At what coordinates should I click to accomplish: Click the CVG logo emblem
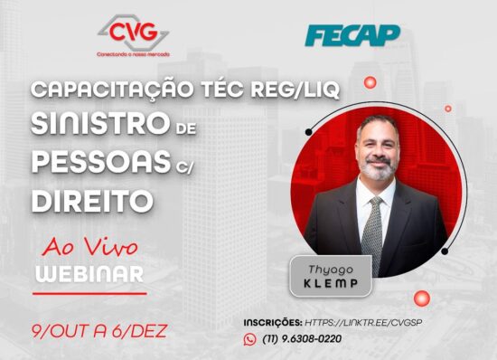tap(133, 33)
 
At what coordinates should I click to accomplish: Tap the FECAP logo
tap(352, 35)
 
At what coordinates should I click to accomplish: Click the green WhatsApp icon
tap(250, 339)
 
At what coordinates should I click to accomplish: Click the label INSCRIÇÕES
tap(273, 322)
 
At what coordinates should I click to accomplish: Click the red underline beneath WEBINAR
tap(89, 293)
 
